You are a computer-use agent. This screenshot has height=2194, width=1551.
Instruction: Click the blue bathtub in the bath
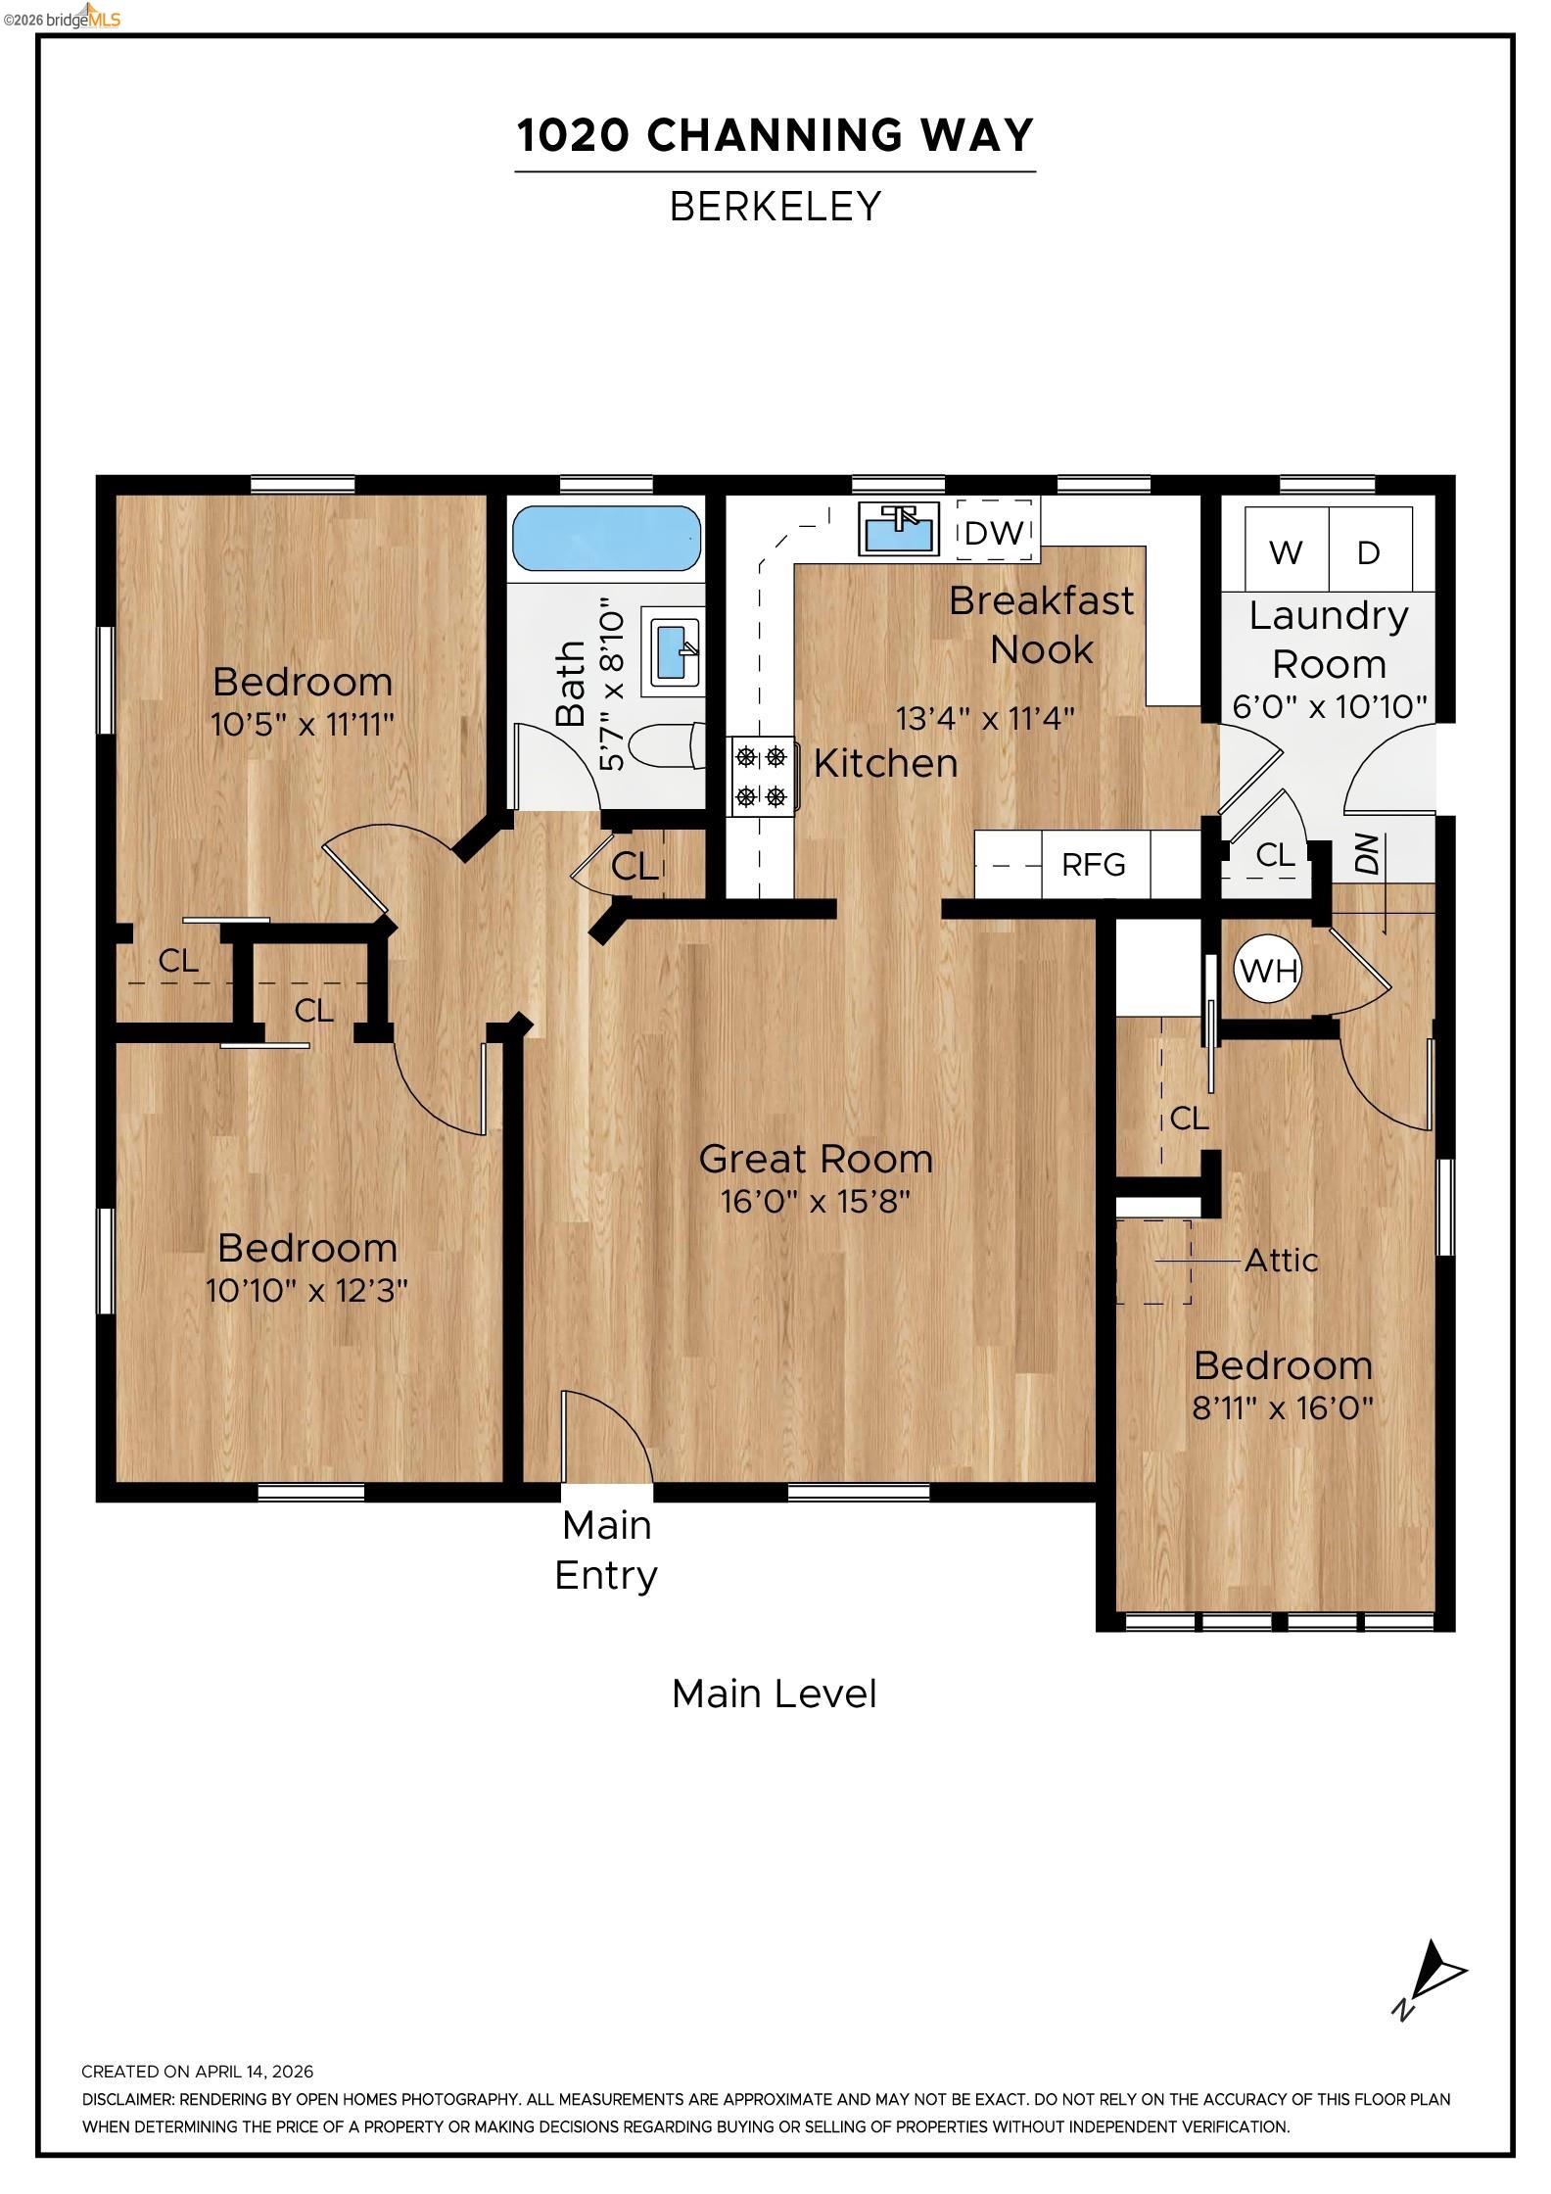pyautogui.click(x=607, y=538)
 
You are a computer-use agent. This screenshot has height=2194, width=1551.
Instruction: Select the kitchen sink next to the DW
pyautogui.click(x=898, y=528)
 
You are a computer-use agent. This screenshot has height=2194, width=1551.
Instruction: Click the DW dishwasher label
pyautogui.click(x=994, y=533)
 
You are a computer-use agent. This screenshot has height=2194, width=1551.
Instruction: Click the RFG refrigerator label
pyautogui.click(x=1094, y=865)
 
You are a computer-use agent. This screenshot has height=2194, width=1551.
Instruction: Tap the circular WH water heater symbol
pyautogui.click(x=1268, y=971)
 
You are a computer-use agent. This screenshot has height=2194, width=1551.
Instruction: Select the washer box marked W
pyautogui.click(x=1285, y=551)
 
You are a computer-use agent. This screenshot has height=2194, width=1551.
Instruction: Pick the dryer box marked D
pyautogui.click(x=1369, y=551)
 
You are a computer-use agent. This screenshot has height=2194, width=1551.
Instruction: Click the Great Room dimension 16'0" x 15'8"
pyautogui.click(x=816, y=1202)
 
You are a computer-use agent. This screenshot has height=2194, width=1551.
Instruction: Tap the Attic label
pyautogui.click(x=1281, y=1261)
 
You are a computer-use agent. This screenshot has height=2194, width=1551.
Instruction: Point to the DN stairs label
pyautogui.click(x=1367, y=854)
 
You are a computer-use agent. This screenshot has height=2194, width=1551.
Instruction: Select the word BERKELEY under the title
pyautogui.click(x=775, y=207)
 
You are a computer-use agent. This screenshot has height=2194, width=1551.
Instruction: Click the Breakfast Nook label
pyautogui.click(x=1041, y=625)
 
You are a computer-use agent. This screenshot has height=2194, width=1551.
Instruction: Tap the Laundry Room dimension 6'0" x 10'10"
pyautogui.click(x=1329, y=706)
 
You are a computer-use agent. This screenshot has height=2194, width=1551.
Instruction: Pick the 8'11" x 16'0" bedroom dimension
pyautogui.click(x=1282, y=1408)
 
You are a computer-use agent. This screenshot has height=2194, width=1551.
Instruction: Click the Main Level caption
pyautogui.click(x=774, y=1693)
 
